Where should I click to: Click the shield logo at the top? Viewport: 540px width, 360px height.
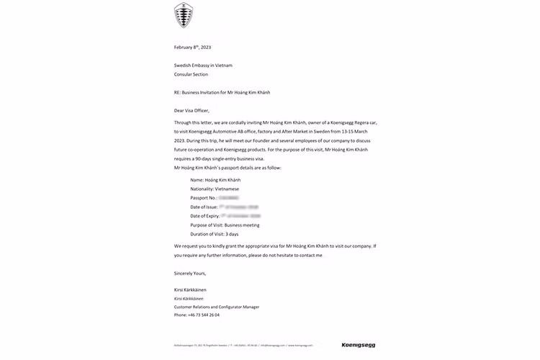coord(184,15)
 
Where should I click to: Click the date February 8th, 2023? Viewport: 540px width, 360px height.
coord(192,48)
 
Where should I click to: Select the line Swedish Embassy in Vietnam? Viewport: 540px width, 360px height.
coord(203,66)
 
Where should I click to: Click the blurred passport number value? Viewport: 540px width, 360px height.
coord(228,197)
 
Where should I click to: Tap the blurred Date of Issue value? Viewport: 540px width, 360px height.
coord(238,207)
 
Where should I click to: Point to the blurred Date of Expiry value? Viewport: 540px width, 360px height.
coord(240,216)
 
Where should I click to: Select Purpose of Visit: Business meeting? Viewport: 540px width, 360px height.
coord(225,225)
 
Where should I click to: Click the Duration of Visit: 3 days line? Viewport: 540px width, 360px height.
coord(214,235)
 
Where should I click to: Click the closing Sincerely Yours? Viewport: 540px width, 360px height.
coord(190,274)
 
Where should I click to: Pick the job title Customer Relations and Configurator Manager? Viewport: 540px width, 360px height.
coord(217,307)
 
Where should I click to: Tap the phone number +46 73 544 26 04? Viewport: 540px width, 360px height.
coord(197,315)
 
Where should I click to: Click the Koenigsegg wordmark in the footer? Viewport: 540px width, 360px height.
coord(358,346)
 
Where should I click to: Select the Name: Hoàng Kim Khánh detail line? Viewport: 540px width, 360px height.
coord(215,179)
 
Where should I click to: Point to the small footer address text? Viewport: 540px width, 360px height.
coord(245,346)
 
